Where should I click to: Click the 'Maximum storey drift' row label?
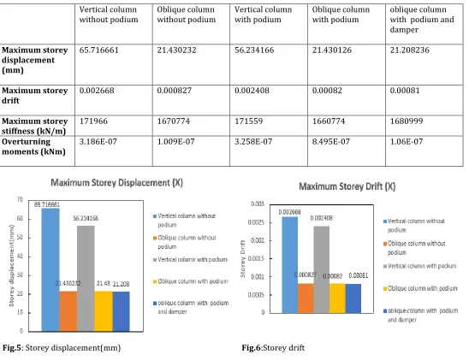pyautogui.click(x=35, y=95)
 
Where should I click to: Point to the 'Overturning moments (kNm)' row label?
pyautogui.click(x=33, y=146)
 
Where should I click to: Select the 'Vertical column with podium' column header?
pyautogui.click(x=264, y=15)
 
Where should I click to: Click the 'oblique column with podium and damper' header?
pyautogui.click(x=422, y=20)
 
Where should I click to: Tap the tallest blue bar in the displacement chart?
pyautogui.click(x=50, y=269)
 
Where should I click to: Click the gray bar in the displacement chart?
pyautogui.click(x=86, y=279)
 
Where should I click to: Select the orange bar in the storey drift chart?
pyautogui.click(x=306, y=298)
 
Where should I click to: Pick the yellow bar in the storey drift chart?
pyautogui.click(x=337, y=298)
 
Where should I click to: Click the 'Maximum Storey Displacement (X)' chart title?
pyautogui.click(x=116, y=182)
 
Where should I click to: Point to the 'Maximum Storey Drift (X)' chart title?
pyautogui.click(x=347, y=186)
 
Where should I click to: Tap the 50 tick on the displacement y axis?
pyautogui.click(x=20, y=238)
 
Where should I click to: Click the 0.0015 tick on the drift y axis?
pyautogui.click(x=256, y=258)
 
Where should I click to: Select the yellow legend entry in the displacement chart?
pyautogui.click(x=191, y=281)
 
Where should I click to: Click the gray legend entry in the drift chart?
pyautogui.click(x=420, y=266)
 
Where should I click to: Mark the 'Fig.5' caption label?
pyautogui.click(x=12, y=348)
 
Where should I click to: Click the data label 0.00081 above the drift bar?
pyautogui.click(x=359, y=275)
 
